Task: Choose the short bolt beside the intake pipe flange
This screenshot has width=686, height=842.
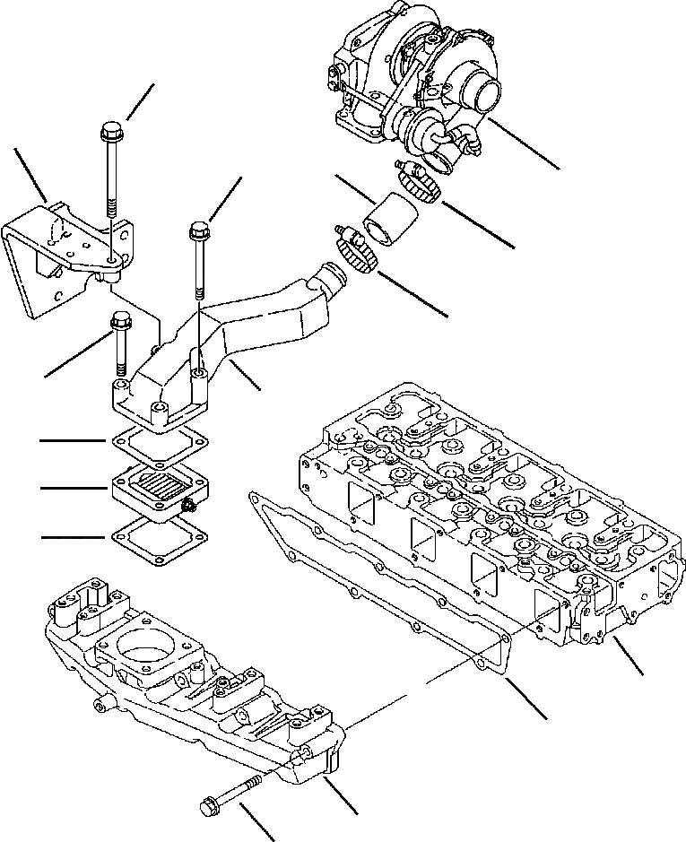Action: point(119,341)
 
